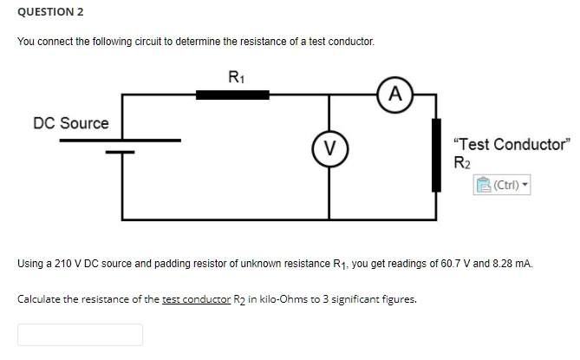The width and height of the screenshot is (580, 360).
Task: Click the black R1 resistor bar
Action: coord(231,94)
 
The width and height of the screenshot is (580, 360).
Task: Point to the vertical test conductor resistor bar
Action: coord(438,154)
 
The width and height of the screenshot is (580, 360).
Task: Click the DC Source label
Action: coord(71,123)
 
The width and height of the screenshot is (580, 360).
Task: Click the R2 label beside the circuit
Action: coord(461,161)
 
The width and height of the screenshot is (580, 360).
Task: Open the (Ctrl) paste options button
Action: coord(502,184)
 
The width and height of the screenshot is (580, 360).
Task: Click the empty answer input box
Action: coord(81,335)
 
